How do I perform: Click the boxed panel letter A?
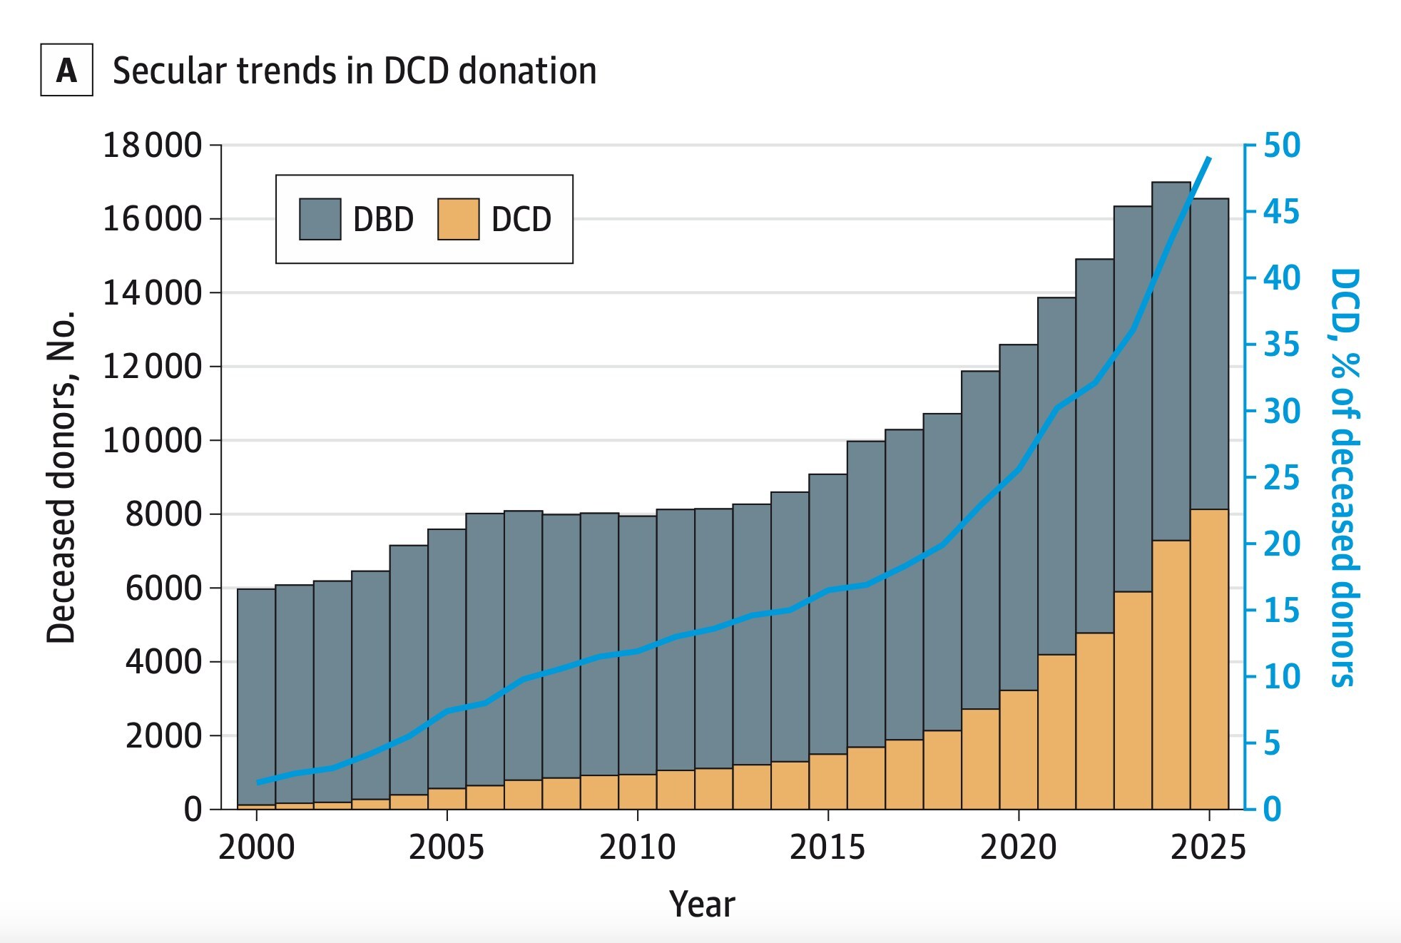pyautogui.click(x=66, y=70)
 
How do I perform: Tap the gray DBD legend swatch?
pyautogui.click(x=320, y=219)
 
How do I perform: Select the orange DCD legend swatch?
pyautogui.click(x=458, y=219)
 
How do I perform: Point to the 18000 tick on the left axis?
pyautogui.click(x=153, y=146)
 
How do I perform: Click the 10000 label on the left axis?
pyautogui.click(x=153, y=441)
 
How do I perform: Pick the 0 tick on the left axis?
pyautogui.click(x=193, y=810)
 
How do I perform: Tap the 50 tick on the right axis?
pyautogui.click(x=1282, y=146)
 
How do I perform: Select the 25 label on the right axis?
pyautogui.click(x=1282, y=478)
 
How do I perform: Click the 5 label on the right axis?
pyautogui.click(x=1273, y=743)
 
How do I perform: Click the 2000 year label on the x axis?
pyautogui.click(x=256, y=847)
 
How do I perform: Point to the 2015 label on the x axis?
pyautogui.click(x=827, y=847)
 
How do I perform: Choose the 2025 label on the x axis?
pyautogui.click(x=1208, y=847)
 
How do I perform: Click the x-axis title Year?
pyautogui.click(x=701, y=904)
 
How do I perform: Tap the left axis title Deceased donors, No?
pyautogui.click(x=61, y=476)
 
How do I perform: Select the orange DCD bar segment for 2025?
pyautogui.click(x=1209, y=659)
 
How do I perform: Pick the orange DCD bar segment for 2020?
pyautogui.click(x=1019, y=750)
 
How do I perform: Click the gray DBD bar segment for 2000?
pyautogui.click(x=256, y=696)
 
